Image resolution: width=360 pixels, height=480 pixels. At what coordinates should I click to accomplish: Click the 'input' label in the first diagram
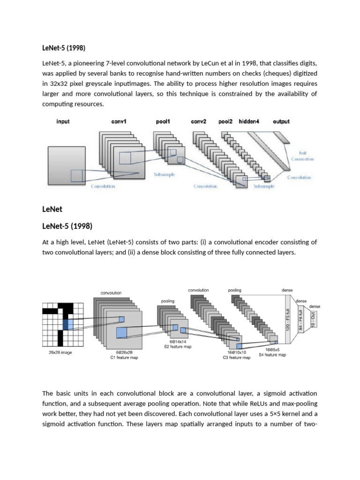pyautogui.click(x=63, y=121)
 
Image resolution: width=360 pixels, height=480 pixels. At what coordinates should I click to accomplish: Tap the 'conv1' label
pyautogui.click(x=119, y=121)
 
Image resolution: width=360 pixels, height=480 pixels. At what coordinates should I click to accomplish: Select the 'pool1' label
pyautogui.click(x=163, y=121)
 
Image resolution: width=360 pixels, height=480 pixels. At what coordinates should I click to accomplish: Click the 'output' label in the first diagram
pyautogui.click(x=281, y=121)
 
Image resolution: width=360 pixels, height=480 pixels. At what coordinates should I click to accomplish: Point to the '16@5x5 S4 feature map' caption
pyautogui.click(x=272, y=352)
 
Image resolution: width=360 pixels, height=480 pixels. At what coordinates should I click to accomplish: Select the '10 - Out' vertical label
pyautogui.click(x=313, y=321)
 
